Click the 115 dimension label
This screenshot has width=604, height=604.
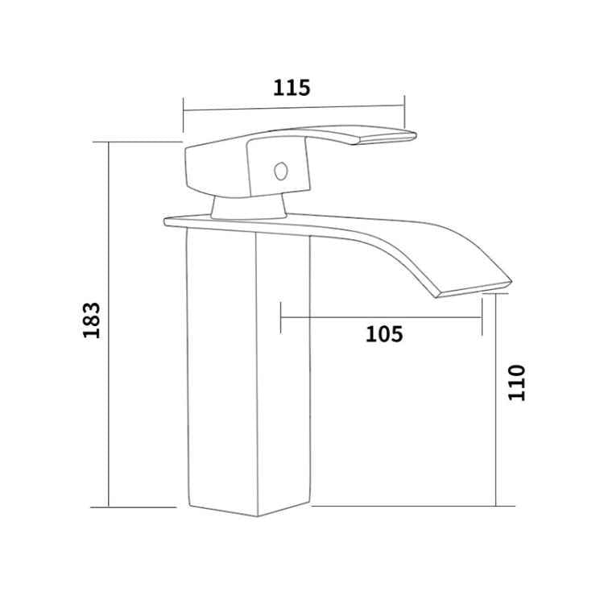point(292,88)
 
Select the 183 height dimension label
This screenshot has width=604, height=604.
point(91,320)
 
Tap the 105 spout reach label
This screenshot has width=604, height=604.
point(384,333)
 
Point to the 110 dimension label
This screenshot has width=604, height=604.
point(516,382)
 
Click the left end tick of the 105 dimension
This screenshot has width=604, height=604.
point(280,317)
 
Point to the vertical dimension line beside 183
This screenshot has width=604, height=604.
point(108,403)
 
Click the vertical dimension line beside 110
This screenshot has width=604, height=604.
point(495,435)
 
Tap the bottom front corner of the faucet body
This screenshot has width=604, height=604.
point(257,515)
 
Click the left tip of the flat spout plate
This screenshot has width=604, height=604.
point(167,220)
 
